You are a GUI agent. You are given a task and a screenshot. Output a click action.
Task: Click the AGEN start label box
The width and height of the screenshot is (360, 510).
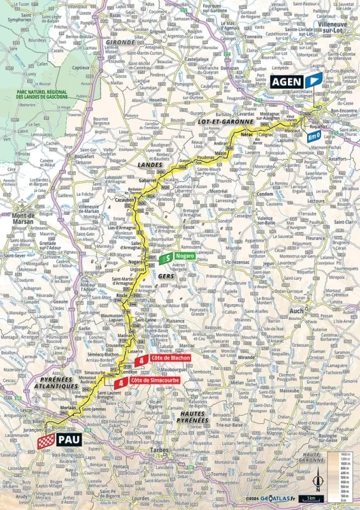(x=287, y=81)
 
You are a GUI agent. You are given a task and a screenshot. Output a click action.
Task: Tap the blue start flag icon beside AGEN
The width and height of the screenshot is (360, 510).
(x=313, y=81)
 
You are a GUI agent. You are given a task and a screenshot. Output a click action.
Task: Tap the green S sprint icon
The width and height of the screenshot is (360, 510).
(x=165, y=258)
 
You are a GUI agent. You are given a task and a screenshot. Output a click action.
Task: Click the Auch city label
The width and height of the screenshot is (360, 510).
(x=296, y=311)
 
